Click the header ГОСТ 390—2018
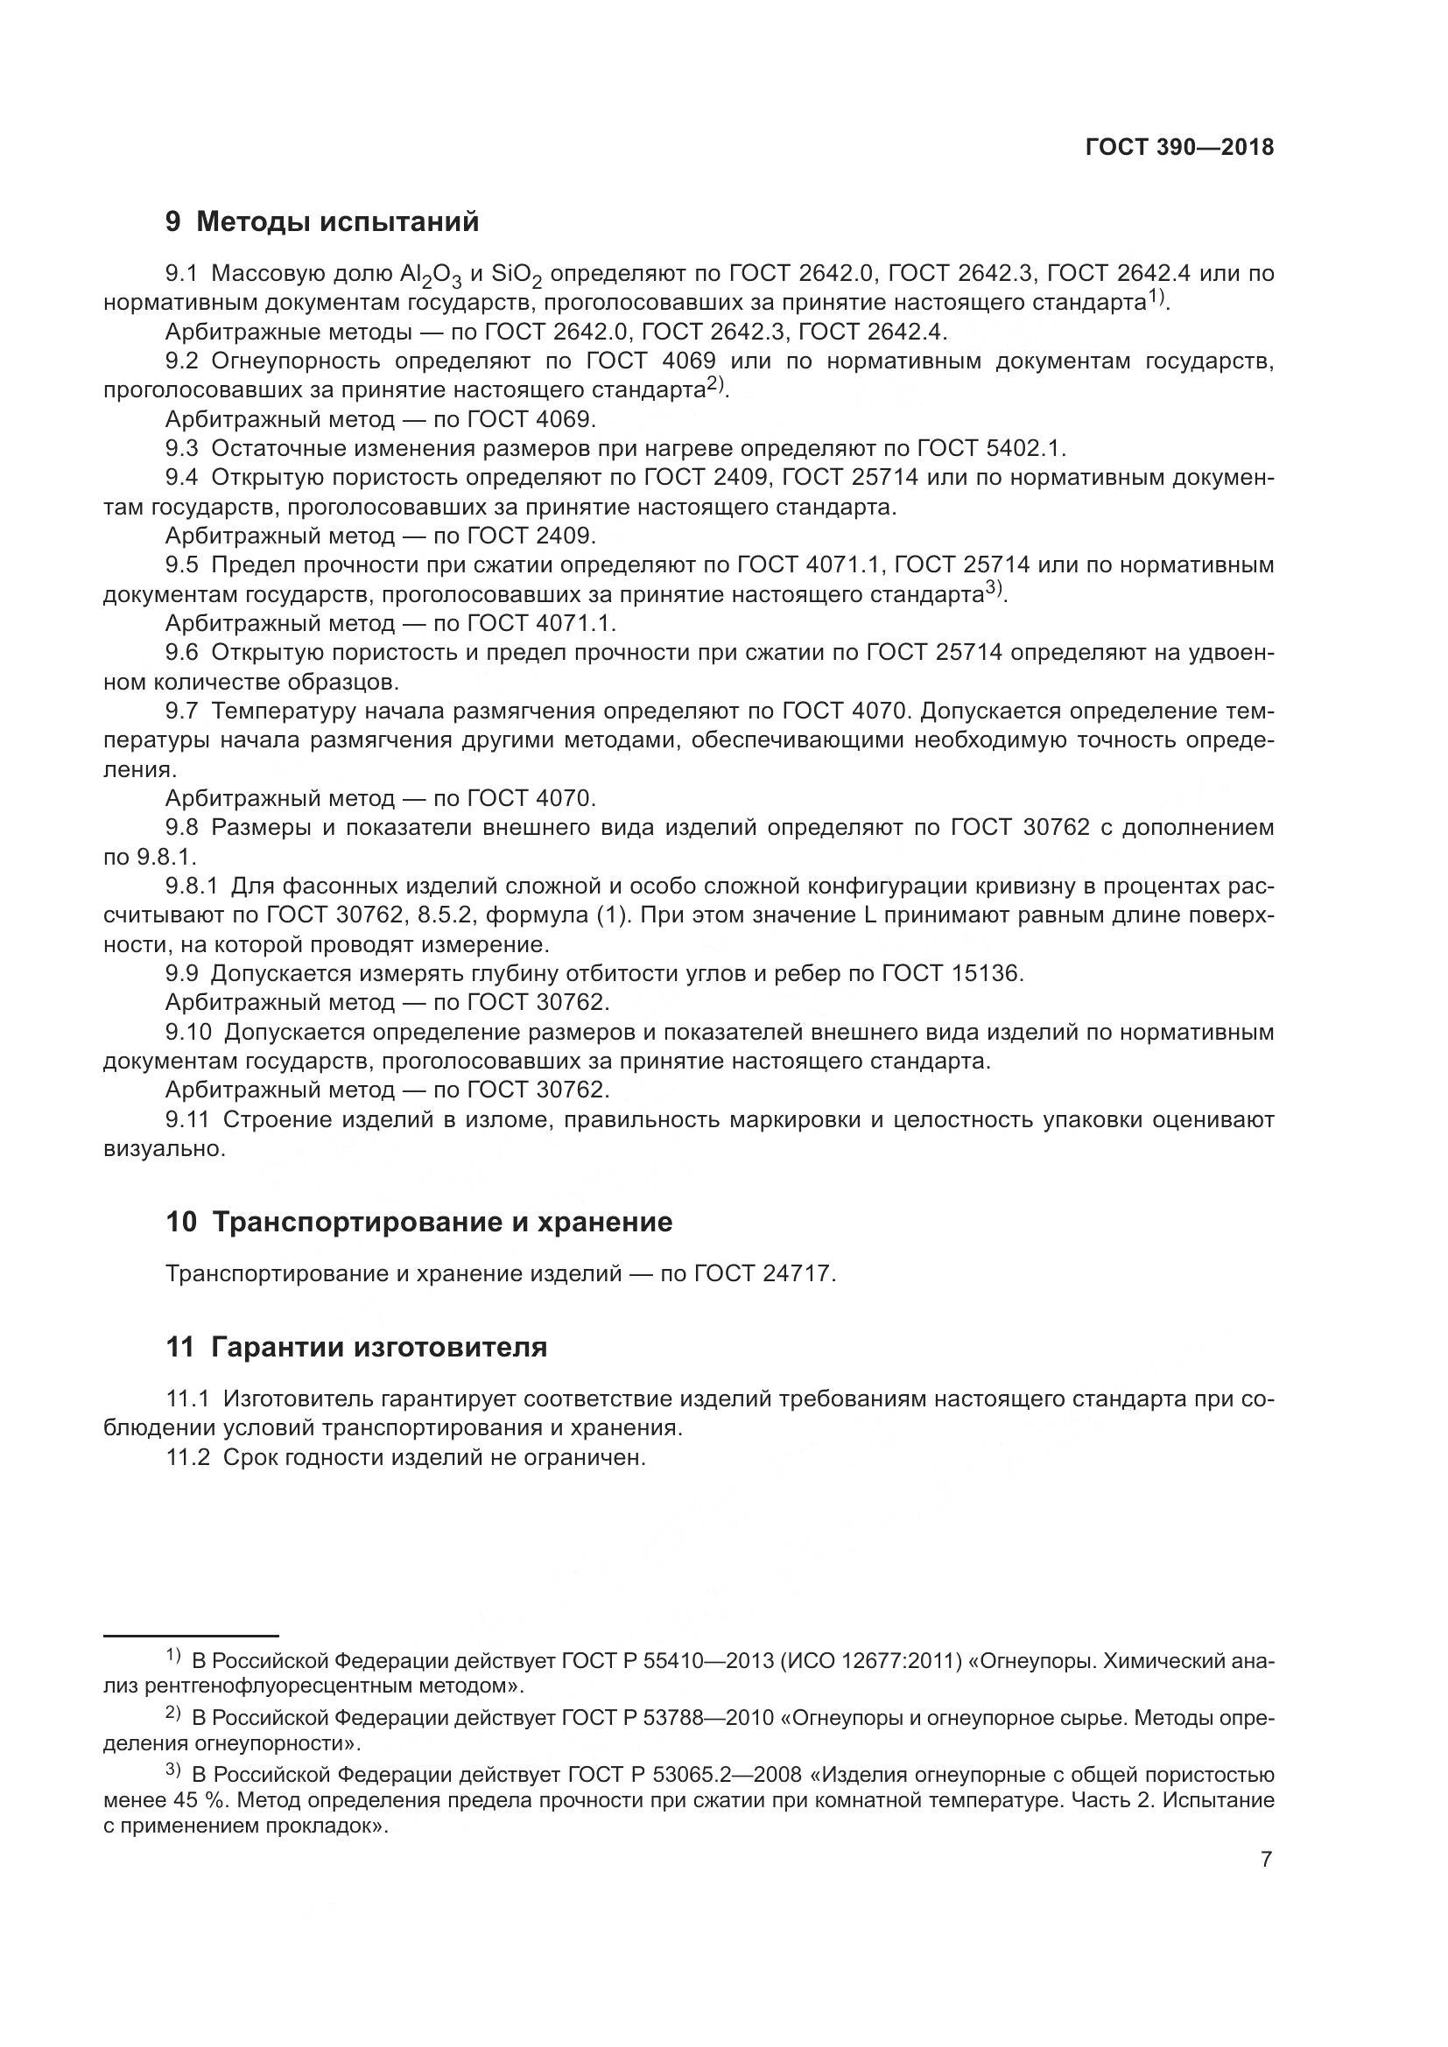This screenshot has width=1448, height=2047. pyautogui.click(x=1178, y=148)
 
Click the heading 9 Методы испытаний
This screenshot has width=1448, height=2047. pyautogui.click(x=322, y=221)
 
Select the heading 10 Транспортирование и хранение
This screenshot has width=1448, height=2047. pyautogui.click(x=419, y=1222)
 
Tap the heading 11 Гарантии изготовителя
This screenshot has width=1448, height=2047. pyautogui.click(x=356, y=1347)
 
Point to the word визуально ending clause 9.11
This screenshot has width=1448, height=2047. pyautogui.click(x=163, y=1148)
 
